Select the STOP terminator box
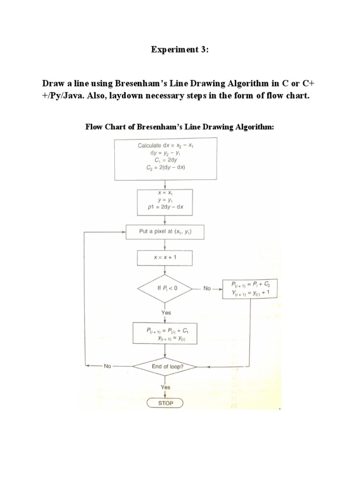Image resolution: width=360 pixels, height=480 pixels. [x=165, y=403]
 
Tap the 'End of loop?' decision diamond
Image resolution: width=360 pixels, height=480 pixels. [x=167, y=367]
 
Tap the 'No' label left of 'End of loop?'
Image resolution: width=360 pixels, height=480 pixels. [x=107, y=367]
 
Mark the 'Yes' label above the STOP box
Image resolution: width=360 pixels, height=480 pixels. [x=165, y=387]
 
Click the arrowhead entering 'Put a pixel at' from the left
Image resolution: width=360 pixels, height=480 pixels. [x=124, y=232]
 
